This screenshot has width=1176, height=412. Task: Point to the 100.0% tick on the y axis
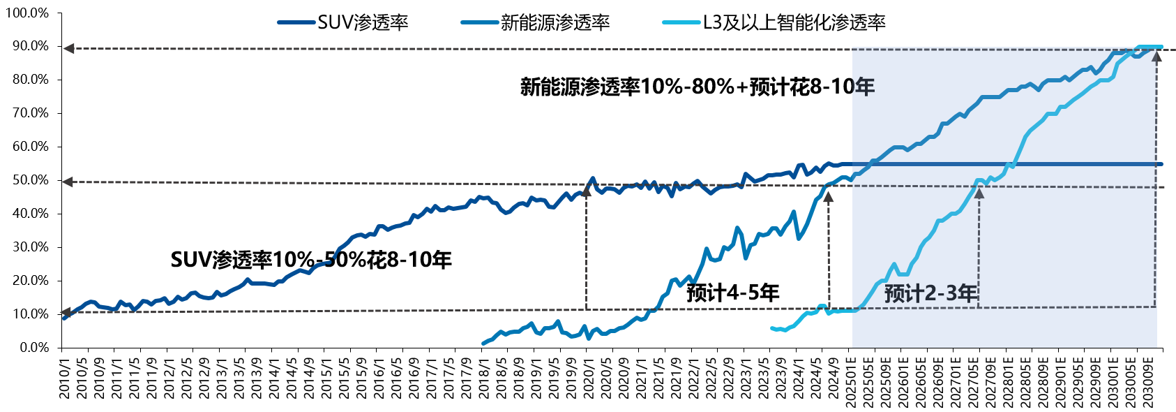pyautogui.click(x=27, y=13)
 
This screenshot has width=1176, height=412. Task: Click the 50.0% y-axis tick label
pyautogui.click(x=30, y=180)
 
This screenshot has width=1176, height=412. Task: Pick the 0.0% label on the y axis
pyautogui.click(x=33, y=348)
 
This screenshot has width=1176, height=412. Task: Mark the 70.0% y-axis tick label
pyautogui.click(x=30, y=113)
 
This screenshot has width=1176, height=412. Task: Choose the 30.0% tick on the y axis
pyautogui.click(x=30, y=247)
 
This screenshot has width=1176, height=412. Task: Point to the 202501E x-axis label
pyautogui.click(x=852, y=378)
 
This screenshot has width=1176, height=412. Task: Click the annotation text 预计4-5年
pyautogui.click(x=732, y=293)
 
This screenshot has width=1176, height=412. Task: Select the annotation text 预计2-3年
pyautogui.click(x=930, y=293)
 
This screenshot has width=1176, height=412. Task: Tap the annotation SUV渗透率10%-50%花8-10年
pyautogui.click(x=311, y=260)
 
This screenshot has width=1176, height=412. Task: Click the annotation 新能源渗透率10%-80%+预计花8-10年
pyautogui.click(x=697, y=87)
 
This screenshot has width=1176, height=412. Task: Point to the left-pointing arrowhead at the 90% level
pyautogui.click(x=68, y=48)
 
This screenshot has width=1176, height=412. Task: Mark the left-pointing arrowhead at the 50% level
pyautogui.click(x=68, y=182)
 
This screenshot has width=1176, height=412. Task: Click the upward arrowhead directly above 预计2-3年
pyautogui.click(x=979, y=192)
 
